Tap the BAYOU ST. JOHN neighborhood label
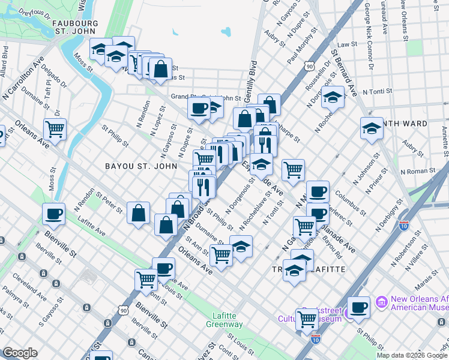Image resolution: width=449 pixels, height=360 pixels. [141, 166]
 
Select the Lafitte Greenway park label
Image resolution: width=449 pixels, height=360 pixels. [228, 320]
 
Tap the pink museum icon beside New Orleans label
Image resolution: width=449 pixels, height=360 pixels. [381, 301]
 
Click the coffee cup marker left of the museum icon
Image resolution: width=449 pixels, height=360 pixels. [359, 308]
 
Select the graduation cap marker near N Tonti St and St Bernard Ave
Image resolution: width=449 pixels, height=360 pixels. [333, 97]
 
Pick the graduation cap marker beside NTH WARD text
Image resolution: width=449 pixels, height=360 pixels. [372, 128]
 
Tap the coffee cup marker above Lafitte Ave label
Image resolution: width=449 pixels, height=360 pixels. [53, 214]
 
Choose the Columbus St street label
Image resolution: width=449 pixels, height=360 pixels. [350, 203]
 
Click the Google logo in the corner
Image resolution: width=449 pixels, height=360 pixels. [20, 353]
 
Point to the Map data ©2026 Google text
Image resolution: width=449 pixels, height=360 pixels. [411, 355]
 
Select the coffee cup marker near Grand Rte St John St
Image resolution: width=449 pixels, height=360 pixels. [198, 108]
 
